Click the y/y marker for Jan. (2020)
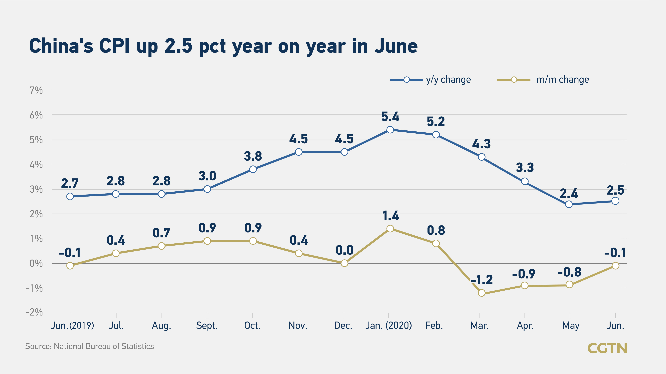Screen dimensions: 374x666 coord(390,130)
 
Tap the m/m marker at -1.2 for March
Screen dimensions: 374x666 coord(481,293)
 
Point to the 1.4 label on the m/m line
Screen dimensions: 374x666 coord(390,215)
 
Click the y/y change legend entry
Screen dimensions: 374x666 coord(430,79)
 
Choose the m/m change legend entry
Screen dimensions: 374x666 coord(543,79)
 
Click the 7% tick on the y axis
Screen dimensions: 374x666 coord(36,90)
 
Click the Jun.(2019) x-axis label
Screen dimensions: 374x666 coord(72,325)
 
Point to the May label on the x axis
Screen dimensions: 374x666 coord(571,326)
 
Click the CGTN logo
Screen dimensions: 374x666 coord(607,348)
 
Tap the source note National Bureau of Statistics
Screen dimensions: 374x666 coord(89,346)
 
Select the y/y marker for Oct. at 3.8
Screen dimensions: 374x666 coord(253,169)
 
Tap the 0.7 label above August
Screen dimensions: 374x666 coord(161,233)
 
